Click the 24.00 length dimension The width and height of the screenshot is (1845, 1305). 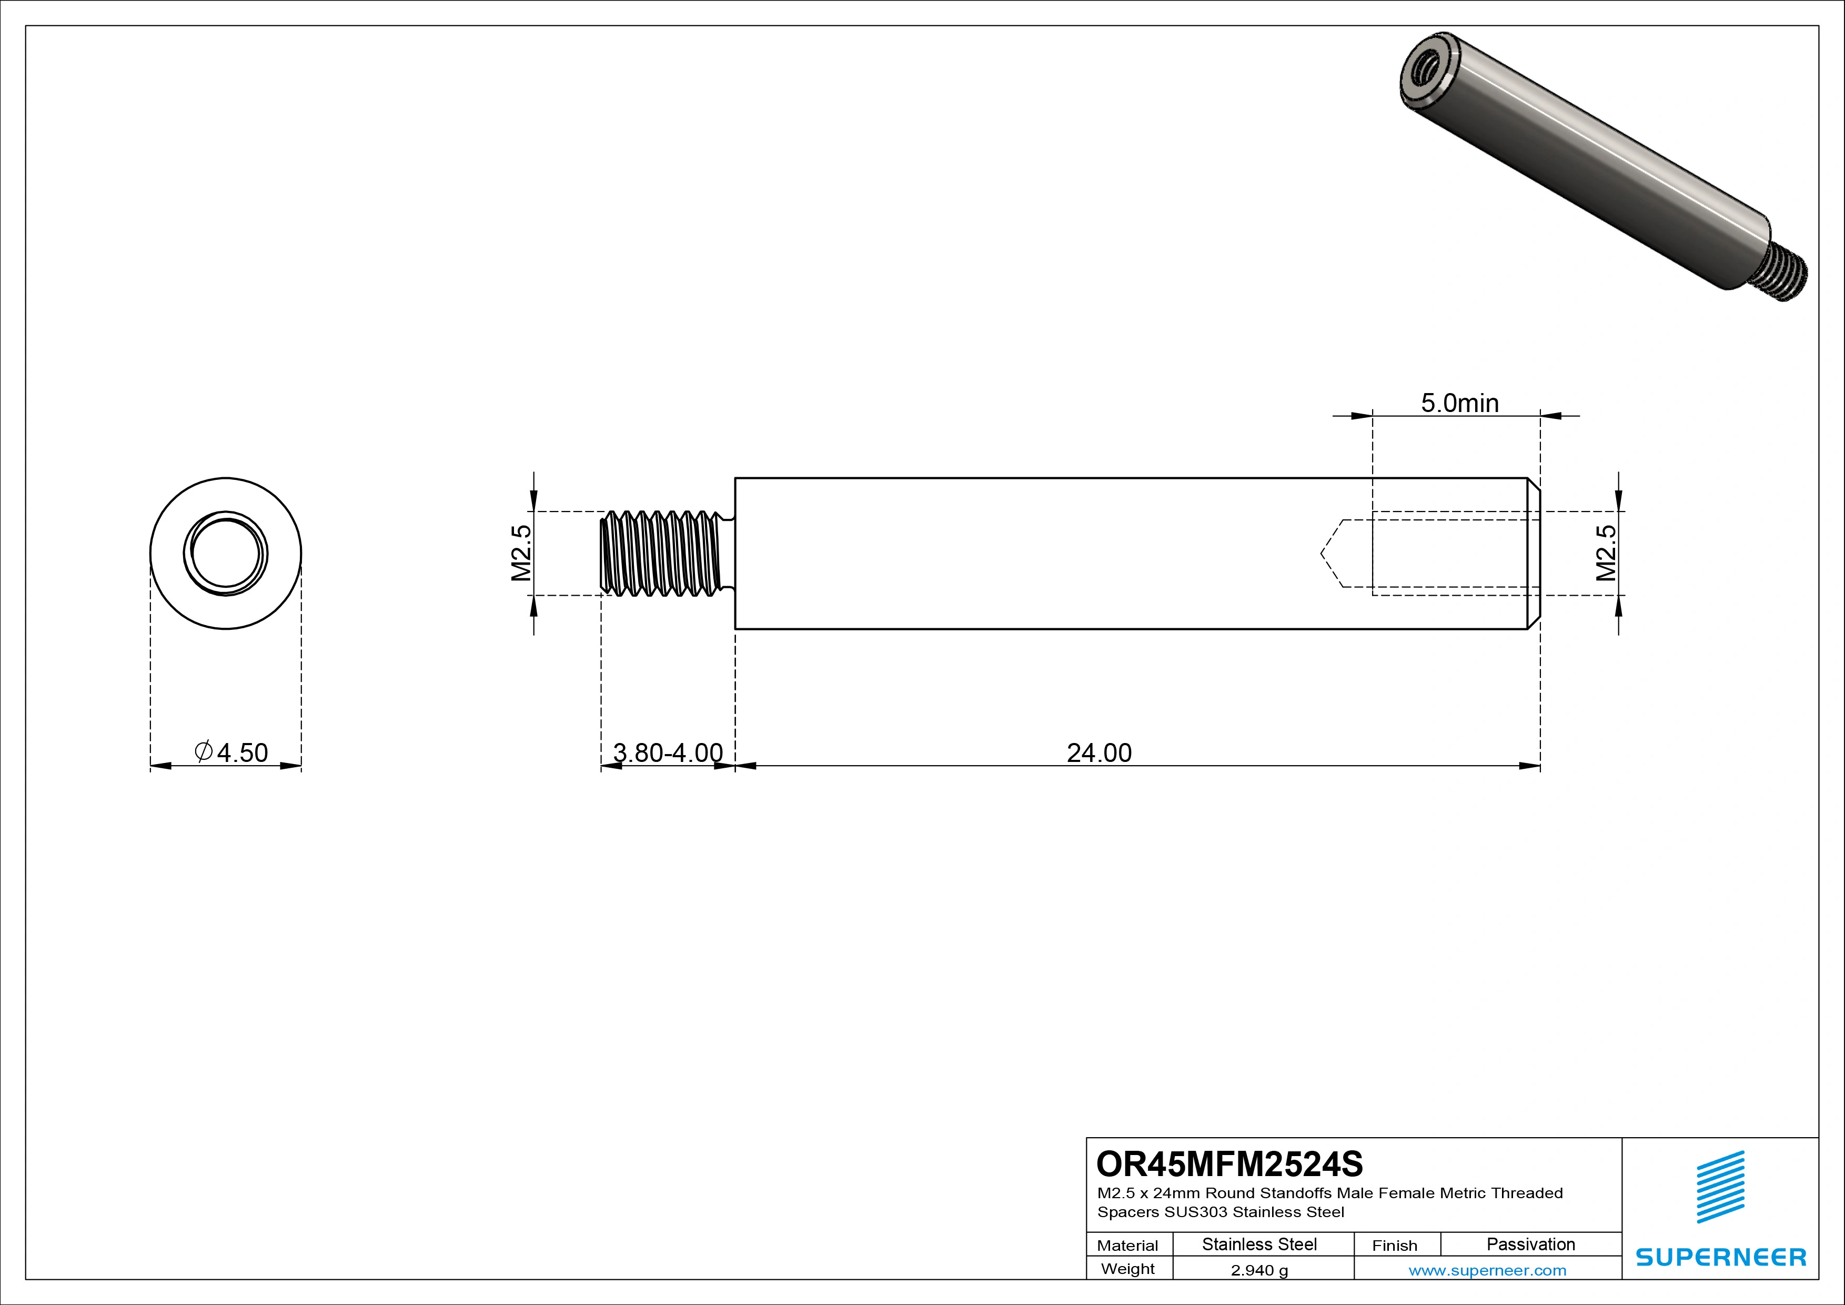[x=1098, y=753]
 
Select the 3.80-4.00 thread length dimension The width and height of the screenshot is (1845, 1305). [x=668, y=753]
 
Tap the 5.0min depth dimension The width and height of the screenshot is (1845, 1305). [x=1459, y=403]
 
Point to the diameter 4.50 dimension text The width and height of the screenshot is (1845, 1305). [x=232, y=753]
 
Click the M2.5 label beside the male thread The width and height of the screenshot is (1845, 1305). [x=521, y=553]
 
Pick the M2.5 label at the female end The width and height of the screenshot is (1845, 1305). [x=1606, y=553]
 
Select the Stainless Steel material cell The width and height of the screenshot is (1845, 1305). [x=1259, y=1244]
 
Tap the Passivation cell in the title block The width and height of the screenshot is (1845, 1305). [x=1530, y=1244]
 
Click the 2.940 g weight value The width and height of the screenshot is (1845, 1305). [x=1259, y=1270]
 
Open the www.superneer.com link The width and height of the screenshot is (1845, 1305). [x=1487, y=1270]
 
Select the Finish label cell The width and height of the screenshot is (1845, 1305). [x=1395, y=1244]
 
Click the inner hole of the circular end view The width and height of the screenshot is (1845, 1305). [x=226, y=554]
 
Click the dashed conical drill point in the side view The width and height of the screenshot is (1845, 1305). [x=1332, y=554]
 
